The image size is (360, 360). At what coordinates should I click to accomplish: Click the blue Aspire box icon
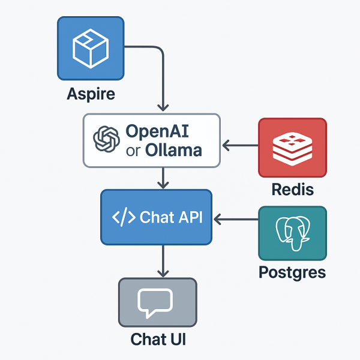coord(91,48)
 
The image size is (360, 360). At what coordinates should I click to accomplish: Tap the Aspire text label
coord(91,94)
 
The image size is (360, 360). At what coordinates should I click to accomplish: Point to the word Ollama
coord(173,150)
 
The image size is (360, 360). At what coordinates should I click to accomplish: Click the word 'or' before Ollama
coord(133,150)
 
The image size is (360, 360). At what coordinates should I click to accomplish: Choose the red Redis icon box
coord(292,146)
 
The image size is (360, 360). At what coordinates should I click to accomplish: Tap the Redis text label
coord(293,190)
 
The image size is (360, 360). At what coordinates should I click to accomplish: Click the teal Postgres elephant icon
coord(292,233)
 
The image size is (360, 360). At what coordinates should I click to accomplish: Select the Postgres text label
coord(292,272)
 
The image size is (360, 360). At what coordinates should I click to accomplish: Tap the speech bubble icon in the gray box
coord(157,303)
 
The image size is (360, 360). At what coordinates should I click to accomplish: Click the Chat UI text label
coord(158,339)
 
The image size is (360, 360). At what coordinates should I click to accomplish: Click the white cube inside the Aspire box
coord(90,48)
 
